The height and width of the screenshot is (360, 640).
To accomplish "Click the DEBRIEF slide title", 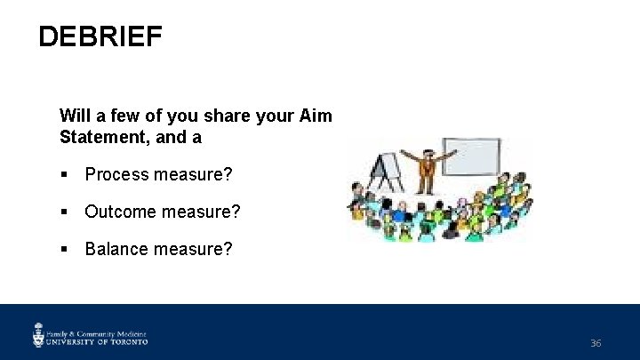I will (100, 37).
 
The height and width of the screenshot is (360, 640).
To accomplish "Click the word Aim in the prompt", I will (316, 116).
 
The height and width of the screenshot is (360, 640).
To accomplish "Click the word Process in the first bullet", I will (116, 175).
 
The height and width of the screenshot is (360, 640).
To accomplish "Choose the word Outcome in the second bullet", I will (120, 212).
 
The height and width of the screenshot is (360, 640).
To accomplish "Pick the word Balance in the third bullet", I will (117, 249).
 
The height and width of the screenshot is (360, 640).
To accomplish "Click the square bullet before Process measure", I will (65, 175).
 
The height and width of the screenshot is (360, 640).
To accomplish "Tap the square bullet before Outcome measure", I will (65, 212).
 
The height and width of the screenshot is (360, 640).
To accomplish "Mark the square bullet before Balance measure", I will (65, 249).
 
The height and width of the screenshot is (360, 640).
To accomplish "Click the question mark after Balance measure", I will (228, 249).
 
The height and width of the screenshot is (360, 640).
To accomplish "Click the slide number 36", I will (596, 343).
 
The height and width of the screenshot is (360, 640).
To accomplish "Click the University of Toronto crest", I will (39, 334).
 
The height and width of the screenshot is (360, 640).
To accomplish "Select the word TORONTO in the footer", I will (129, 340).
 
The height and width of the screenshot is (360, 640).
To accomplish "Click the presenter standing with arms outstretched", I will (427, 169).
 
